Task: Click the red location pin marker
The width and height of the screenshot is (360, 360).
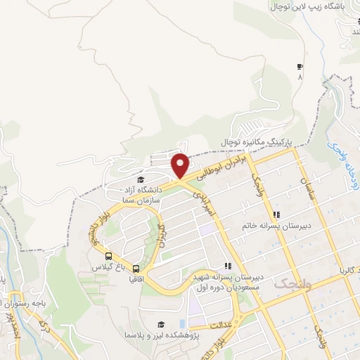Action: pos(181,165)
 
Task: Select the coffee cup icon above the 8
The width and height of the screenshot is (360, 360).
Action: pos(300,67)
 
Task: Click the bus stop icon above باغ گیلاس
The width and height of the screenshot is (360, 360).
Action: pos(108,256)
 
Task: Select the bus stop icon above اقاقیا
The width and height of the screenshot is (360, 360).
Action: pos(136,268)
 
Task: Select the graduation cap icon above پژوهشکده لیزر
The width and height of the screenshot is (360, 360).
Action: pos(161,324)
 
